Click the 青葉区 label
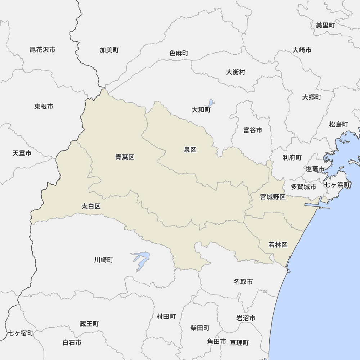pyautogui.click(x=125, y=157)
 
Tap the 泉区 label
pyautogui.click(x=190, y=150)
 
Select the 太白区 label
pyautogui.click(x=91, y=206)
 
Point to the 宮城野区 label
pyautogui.click(x=273, y=197)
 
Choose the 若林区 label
pyautogui.click(x=278, y=245)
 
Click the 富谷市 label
pyautogui.click(x=252, y=130)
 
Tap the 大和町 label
pyautogui.click(x=201, y=110)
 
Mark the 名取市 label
pyautogui.click(x=243, y=282)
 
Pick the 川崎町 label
pyautogui.click(x=104, y=260)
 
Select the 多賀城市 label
pyautogui.click(x=303, y=186)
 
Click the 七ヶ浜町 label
pyautogui.click(x=337, y=185)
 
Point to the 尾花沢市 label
pyautogui.click(x=42, y=50)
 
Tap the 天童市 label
pyautogui.click(x=22, y=153)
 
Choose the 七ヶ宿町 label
pyautogui.click(x=21, y=333)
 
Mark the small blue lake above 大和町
pyautogui.click(x=211, y=103)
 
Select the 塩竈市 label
pyautogui.click(x=315, y=168)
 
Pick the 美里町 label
pyautogui.click(x=325, y=25)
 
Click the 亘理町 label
pyautogui.click(x=239, y=343)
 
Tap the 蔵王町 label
pyautogui.click(x=89, y=324)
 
